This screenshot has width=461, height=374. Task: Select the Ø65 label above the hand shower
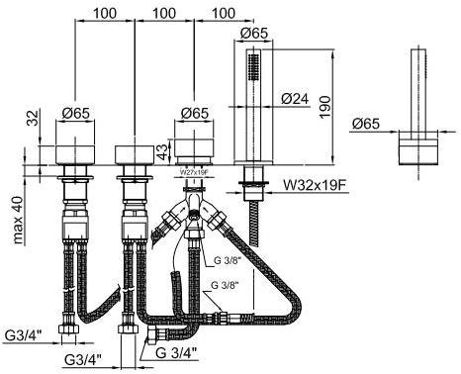point(254,33)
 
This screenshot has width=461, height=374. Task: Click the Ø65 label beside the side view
point(368,125)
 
